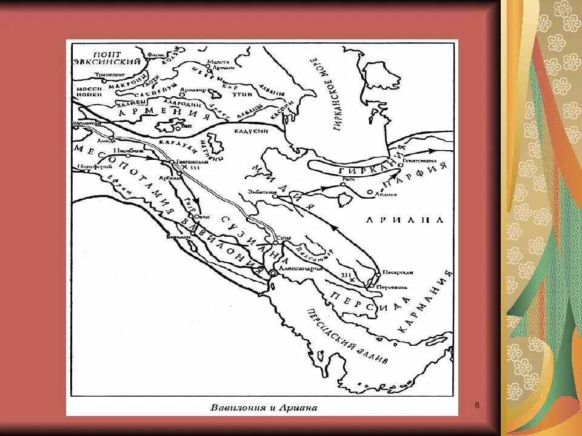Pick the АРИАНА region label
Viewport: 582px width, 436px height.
coord(402,220)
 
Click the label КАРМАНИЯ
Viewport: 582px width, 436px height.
coord(425,302)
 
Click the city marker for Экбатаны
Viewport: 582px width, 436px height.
coord(274,196)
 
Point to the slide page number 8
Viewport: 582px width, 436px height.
coord(477,404)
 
